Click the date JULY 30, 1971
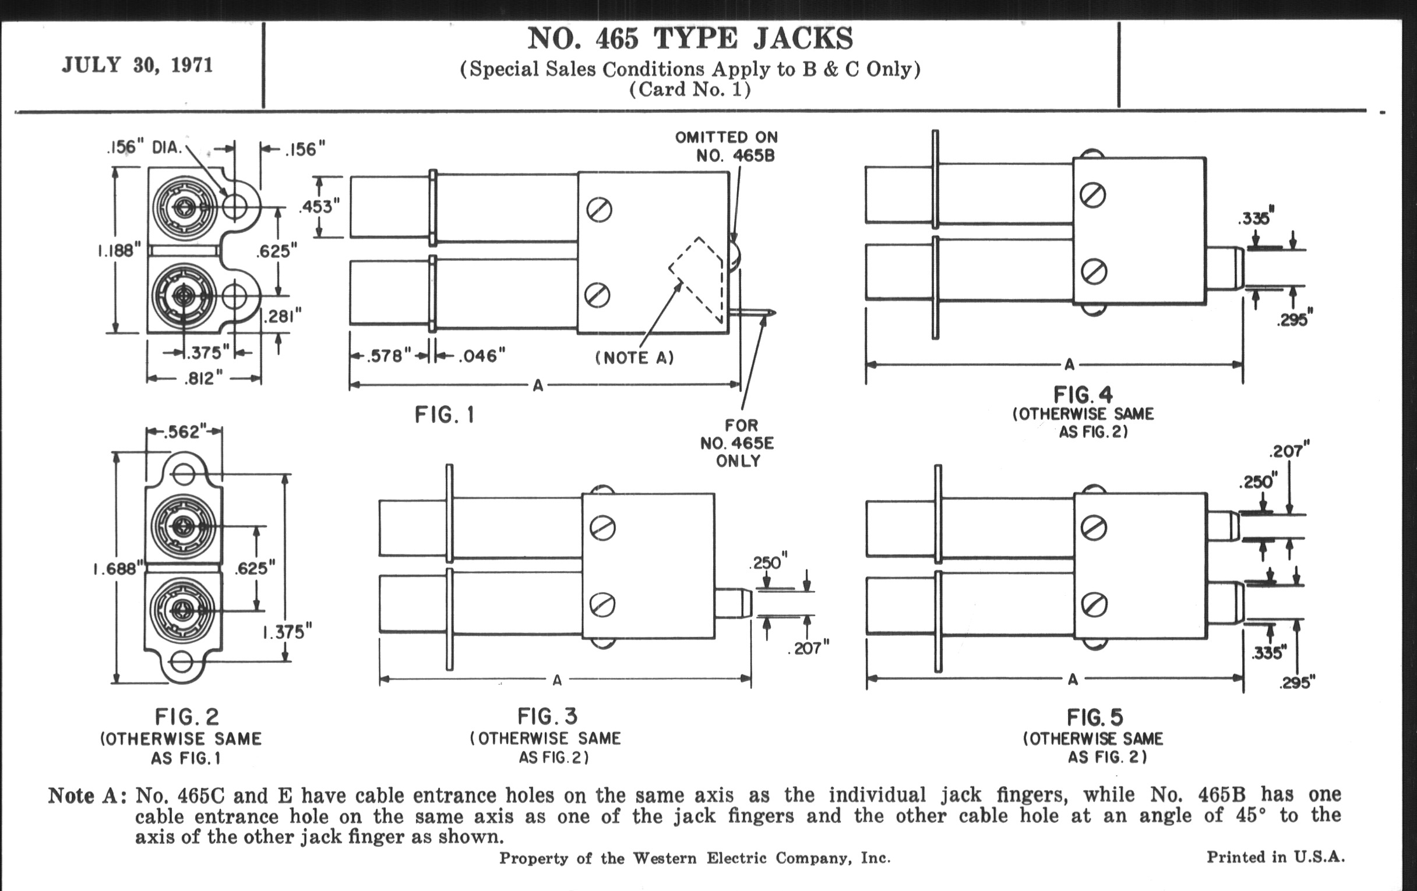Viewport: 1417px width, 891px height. (x=137, y=65)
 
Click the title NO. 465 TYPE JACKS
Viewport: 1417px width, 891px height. (x=690, y=39)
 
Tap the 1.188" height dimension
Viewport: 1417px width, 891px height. (x=119, y=251)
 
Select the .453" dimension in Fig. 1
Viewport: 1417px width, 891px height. (x=319, y=207)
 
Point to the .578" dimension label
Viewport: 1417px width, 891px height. (x=388, y=356)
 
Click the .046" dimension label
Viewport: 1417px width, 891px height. (x=481, y=356)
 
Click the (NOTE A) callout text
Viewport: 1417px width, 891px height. (x=635, y=358)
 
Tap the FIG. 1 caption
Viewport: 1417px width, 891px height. (x=445, y=415)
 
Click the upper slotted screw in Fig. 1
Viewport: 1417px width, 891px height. (x=599, y=210)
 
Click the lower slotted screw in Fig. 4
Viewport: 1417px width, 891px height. (x=1094, y=273)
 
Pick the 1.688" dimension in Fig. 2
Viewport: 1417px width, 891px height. (x=118, y=570)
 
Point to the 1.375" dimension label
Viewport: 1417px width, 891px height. (x=287, y=632)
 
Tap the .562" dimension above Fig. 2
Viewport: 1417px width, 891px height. (x=184, y=432)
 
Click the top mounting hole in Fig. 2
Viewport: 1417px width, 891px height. (x=184, y=473)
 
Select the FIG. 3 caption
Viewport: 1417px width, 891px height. (x=547, y=716)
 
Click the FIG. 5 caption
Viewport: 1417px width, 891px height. (x=1095, y=717)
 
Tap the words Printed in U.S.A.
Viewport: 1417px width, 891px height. (x=1276, y=857)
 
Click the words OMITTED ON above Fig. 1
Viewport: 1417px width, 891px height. (x=726, y=137)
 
